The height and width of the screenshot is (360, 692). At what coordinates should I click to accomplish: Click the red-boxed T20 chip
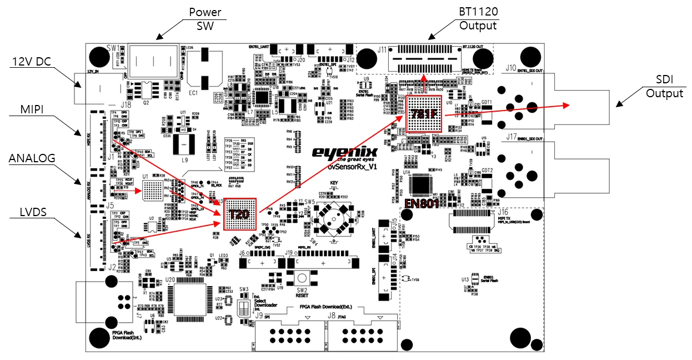point(240,214)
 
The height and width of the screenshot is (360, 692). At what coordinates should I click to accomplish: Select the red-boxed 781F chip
point(423,114)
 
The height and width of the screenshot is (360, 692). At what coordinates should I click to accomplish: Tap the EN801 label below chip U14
point(423,203)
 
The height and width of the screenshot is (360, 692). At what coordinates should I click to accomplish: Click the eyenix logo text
point(344,152)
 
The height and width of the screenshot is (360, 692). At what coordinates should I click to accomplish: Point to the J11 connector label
point(382,50)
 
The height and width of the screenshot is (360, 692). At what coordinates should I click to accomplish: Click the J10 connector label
point(510,68)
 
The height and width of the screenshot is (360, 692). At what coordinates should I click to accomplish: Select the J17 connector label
point(511,137)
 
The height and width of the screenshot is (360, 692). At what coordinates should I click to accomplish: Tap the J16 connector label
point(503,212)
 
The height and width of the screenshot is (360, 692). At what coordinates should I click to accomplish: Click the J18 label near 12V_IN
point(126,104)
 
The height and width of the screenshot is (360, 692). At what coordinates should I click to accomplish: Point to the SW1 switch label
point(112,48)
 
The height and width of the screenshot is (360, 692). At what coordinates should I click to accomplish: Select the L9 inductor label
point(184,159)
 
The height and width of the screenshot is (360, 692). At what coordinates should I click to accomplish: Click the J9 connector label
point(259,316)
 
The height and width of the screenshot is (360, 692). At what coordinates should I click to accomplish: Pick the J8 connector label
point(332,316)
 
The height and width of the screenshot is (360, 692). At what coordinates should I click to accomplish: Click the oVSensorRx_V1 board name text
point(352,166)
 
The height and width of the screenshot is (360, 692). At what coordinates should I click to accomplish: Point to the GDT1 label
point(487,102)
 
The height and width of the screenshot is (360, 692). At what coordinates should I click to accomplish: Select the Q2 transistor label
point(147,103)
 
